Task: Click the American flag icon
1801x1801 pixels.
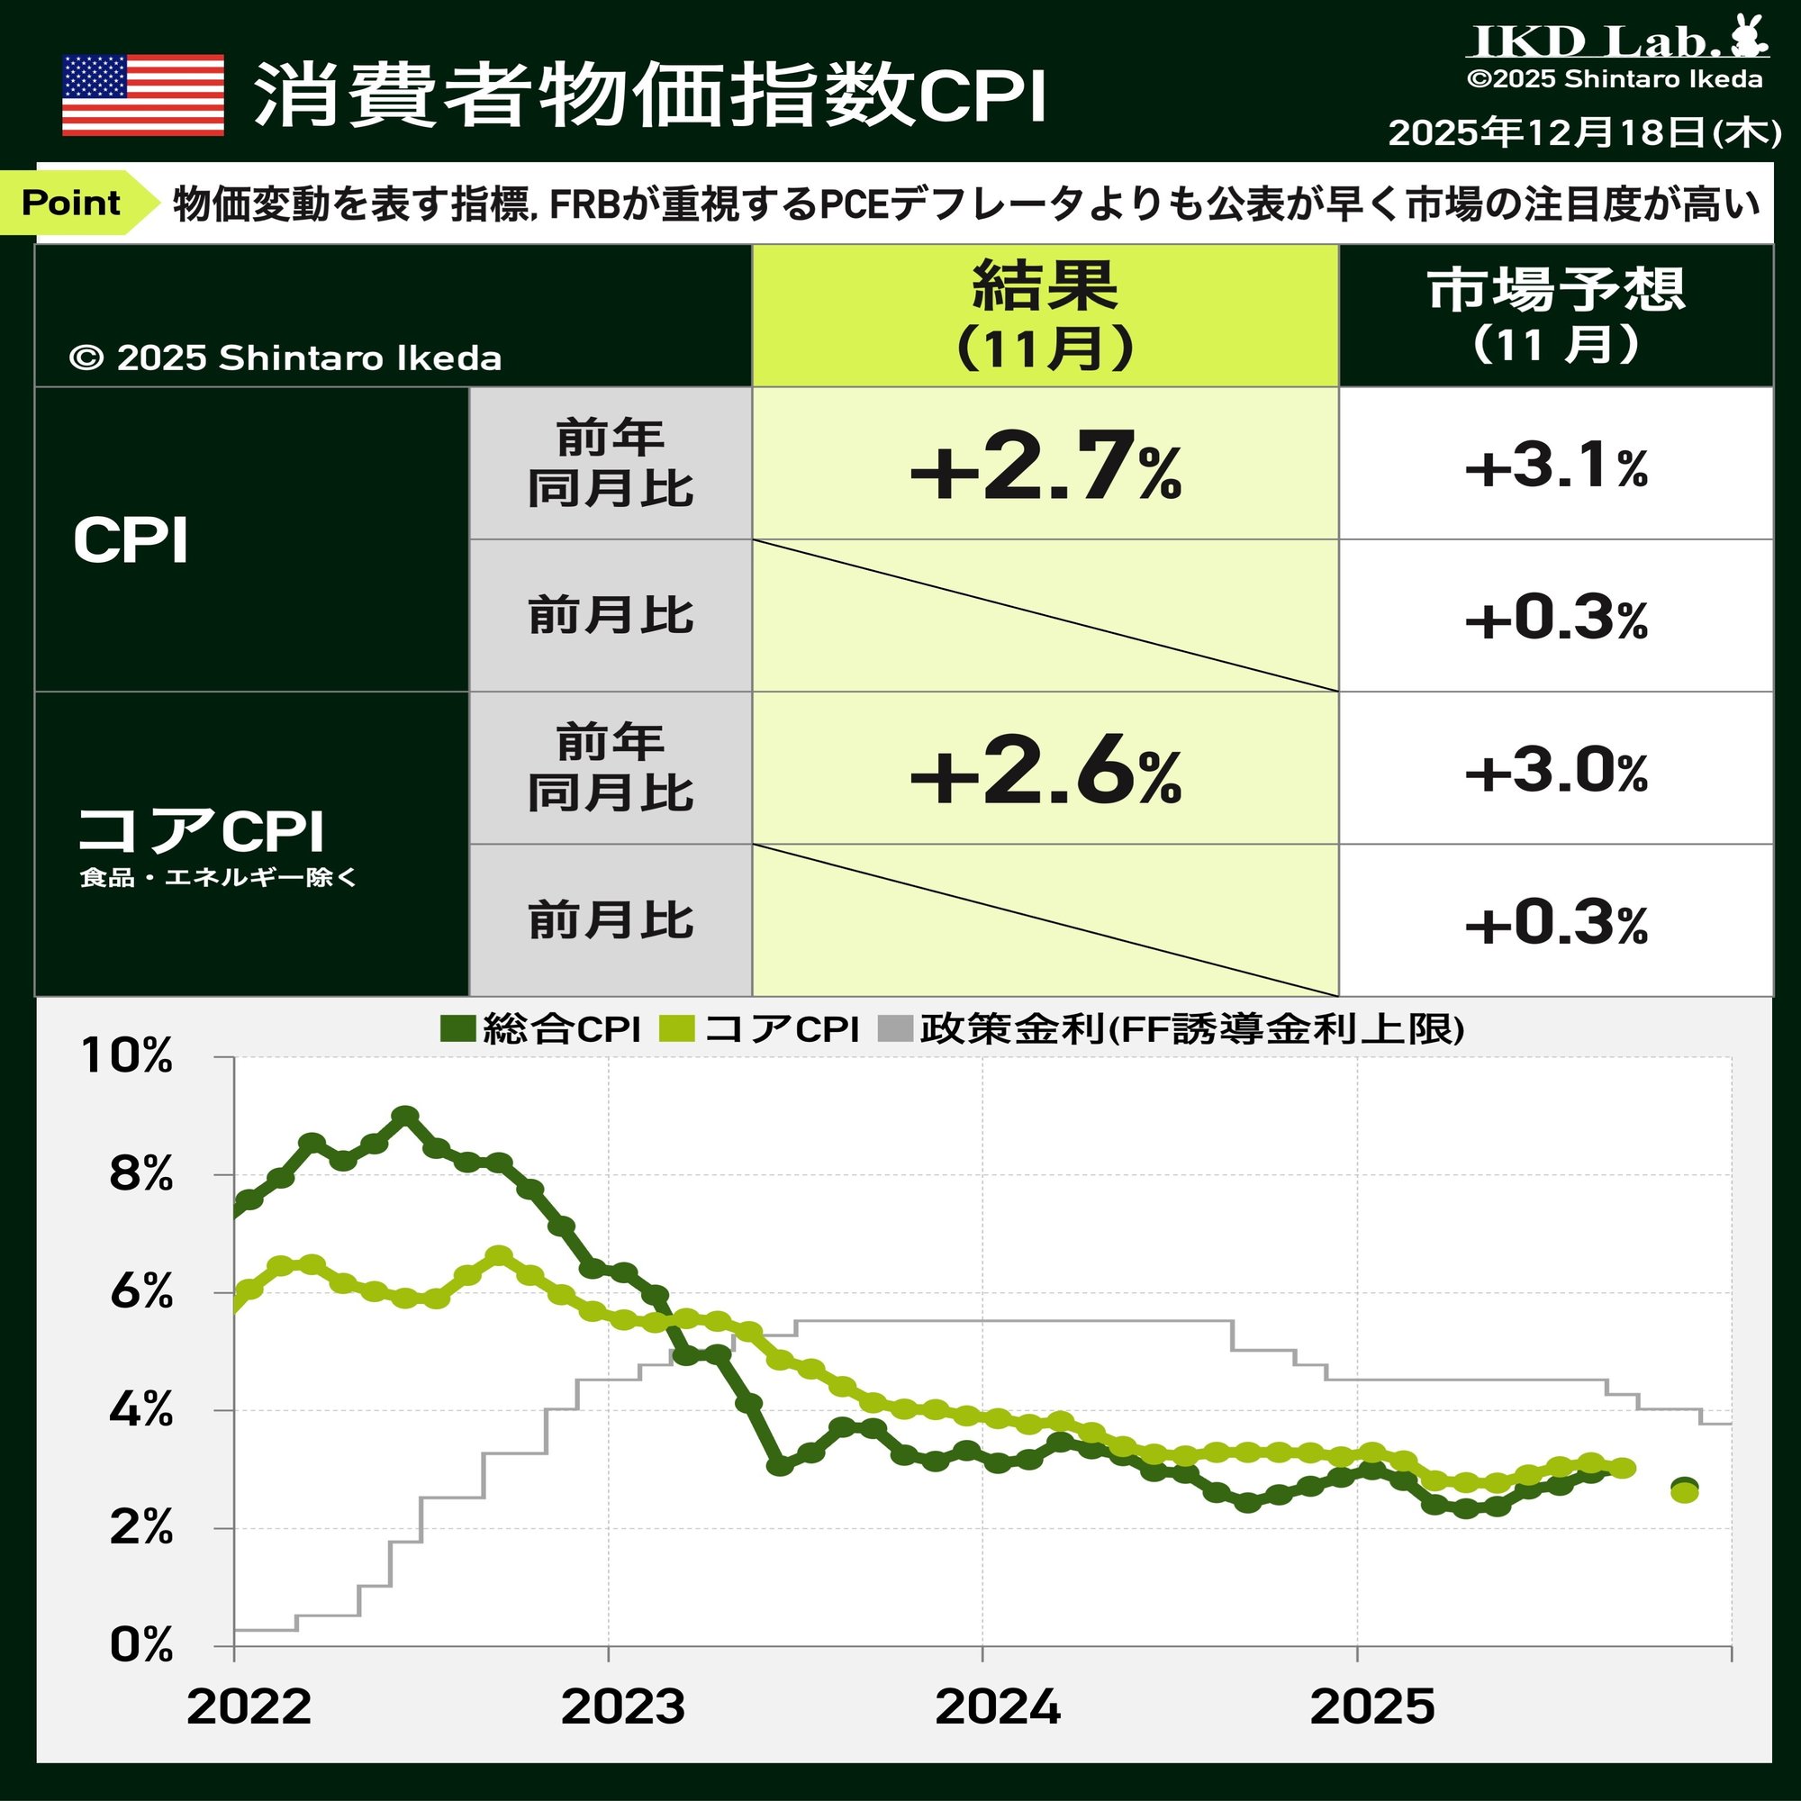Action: tap(142, 95)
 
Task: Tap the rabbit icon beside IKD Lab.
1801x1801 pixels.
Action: tap(1749, 38)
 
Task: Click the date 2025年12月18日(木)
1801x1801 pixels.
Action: tap(1584, 132)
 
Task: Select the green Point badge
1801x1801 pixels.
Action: tap(75, 203)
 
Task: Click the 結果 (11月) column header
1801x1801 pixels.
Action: tap(1045, 315)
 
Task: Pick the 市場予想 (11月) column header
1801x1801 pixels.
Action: tap(1555, 315)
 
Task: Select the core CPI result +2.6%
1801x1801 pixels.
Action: tap(1045, 770)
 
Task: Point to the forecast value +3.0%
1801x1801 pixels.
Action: tap(1555, 772)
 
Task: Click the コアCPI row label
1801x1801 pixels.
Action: tap(201, 829)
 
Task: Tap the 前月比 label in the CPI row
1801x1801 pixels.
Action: tap(611, 616)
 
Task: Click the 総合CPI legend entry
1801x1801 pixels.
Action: tap(540, 1029)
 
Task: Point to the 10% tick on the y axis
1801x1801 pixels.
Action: tap(128, 1056)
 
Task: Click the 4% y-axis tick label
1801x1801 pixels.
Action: tap(140, 1409)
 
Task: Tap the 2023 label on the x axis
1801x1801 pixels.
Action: tap(623, 1706)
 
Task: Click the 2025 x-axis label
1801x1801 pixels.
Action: tap(1371, 1706)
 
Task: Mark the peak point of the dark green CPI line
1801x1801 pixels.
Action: tap(404, 1116)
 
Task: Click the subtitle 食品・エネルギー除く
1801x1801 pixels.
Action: tap(218, 877)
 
